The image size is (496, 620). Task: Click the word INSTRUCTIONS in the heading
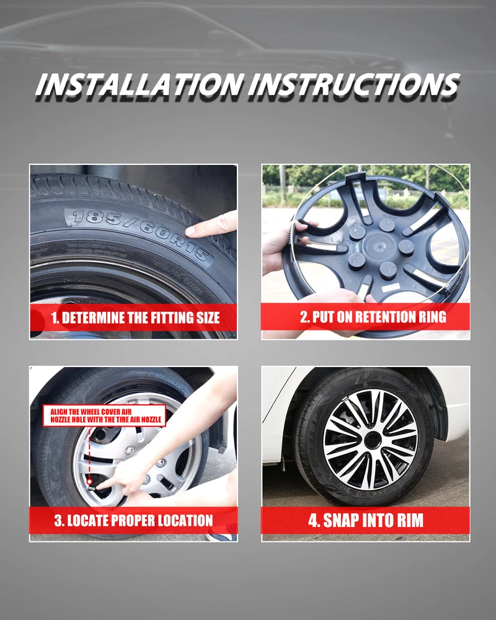click(354, 84)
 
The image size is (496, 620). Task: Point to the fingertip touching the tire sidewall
click(190, 230)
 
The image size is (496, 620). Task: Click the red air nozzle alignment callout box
click(104, 415)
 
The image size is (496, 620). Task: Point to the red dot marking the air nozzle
click(90, 482)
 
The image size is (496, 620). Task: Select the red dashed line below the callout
click(90, 453)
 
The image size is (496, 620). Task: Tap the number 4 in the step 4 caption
click(313, 520)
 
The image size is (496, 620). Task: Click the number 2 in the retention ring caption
click(304, 317)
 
